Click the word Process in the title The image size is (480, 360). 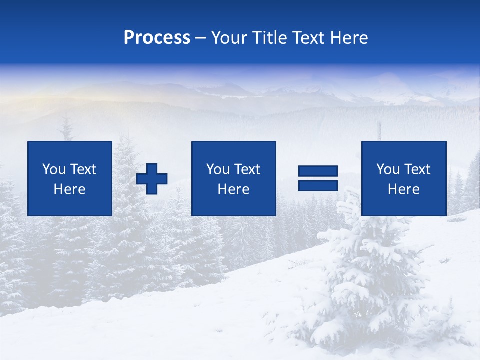tap(157, 38)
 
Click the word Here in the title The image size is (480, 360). tap(349, 38)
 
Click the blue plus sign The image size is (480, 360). tap(152, 178)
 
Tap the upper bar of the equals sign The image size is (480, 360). tap(318, 171)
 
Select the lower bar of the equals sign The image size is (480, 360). tap(318, 185)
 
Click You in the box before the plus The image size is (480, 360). tap(54, 169)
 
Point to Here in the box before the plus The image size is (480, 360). tap(70, 189)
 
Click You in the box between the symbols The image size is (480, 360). tap(218, 169)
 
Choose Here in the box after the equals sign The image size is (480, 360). tap(404, 189)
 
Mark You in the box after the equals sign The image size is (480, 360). tap(388, 169)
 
